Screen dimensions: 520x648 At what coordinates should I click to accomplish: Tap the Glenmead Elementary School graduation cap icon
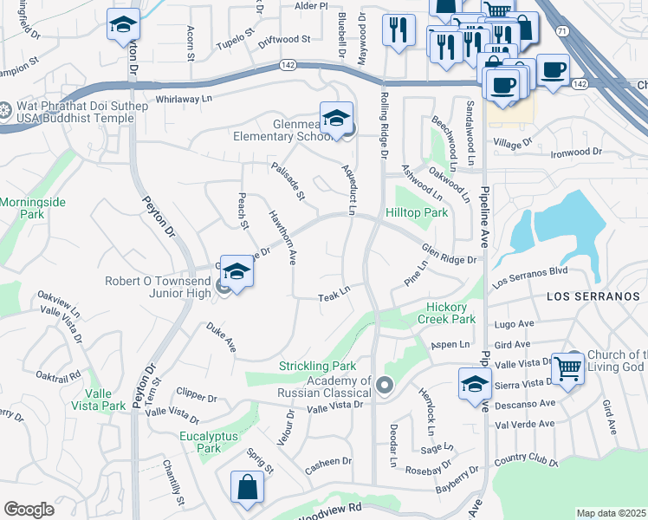[336, 117]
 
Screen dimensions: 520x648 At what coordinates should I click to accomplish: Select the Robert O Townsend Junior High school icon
[236, 271]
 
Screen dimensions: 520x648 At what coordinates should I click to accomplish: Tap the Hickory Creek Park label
[451, 313]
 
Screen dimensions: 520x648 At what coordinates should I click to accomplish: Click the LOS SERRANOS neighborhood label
[597, 296]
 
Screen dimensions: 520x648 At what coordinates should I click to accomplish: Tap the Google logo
[29, 510]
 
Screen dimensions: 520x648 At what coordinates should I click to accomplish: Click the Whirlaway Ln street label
[184, 99]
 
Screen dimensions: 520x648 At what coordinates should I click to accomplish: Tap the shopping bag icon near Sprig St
[247, 487]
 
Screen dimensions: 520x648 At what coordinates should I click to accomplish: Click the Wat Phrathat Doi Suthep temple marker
[5, 110]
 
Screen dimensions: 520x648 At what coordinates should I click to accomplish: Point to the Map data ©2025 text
[611, 513]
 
